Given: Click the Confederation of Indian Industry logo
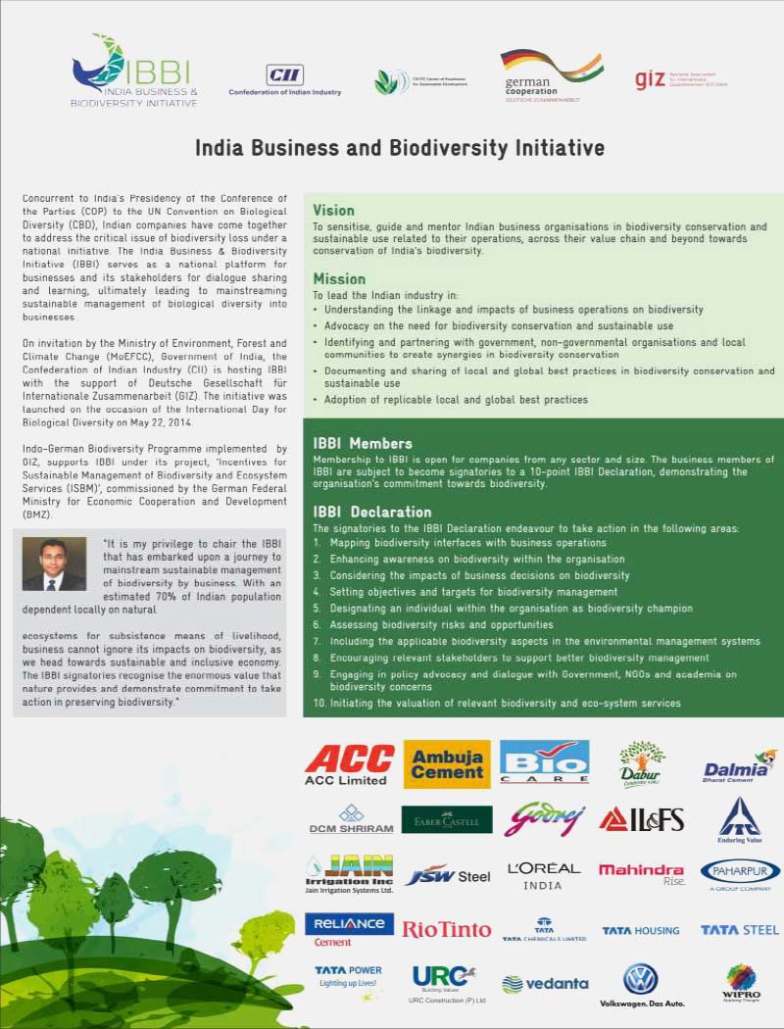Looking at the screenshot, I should tap(285, 79).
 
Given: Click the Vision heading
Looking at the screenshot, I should tap(333, 210).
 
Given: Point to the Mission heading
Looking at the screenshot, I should tap(339, 278).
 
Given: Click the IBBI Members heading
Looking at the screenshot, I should tap(363, 443).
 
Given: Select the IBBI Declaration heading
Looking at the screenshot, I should tap(372, 512).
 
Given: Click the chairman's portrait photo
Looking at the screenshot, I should tap(54, 563).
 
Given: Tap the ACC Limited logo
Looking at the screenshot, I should tap(349, 763).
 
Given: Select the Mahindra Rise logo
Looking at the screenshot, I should tap(641, 873).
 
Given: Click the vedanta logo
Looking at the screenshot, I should tap(545, 983).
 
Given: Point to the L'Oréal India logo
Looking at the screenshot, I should tap(544, 874).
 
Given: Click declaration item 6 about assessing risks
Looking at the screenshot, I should tap(443, 624).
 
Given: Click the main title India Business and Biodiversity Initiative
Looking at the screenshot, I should tap(399, 148).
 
